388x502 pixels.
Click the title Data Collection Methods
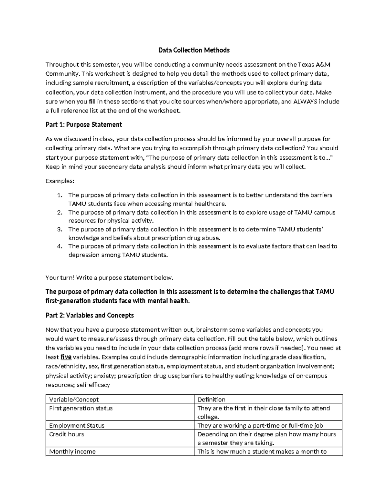click(x=194, y=50)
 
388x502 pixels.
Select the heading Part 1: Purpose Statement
click(x=84, y=125)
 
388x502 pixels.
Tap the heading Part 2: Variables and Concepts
click(x=90, y=315)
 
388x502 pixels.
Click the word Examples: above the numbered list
click(x=60, y=181)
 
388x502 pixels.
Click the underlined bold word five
click(x=66, y=357)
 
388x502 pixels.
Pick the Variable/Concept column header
click(x=74, y=400)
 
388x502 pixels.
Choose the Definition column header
click(x=211, y=400)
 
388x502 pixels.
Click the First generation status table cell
click(x=81, y=408)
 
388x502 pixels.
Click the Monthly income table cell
click(x=72, y=452)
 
